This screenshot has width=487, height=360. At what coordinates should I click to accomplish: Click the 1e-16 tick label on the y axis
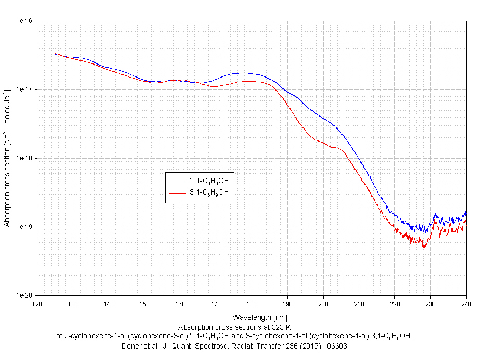(25, 21)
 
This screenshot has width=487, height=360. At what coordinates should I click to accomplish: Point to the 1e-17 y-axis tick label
(25, 89)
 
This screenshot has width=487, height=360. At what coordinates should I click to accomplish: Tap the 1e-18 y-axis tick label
(25, 158)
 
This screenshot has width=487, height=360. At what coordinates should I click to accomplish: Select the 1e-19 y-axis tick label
(25, 227)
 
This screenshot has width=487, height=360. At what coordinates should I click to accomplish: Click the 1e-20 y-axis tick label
(25, 295)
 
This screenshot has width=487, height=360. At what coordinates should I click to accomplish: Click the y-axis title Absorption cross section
(7, 159)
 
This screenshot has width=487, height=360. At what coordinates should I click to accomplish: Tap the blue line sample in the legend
(178, 181)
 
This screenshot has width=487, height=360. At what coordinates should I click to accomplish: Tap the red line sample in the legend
(178, 192)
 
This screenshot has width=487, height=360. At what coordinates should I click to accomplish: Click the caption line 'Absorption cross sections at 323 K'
(234, 327)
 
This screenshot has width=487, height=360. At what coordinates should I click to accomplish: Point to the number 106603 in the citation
(332, 346)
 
